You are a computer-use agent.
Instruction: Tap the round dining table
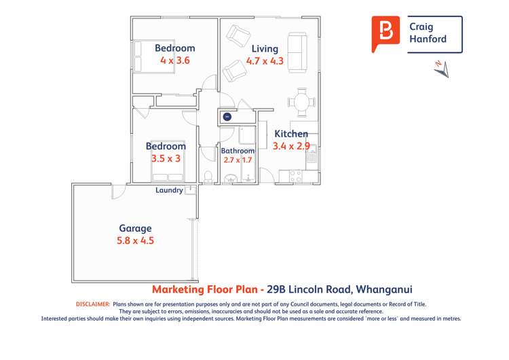click(302, 103)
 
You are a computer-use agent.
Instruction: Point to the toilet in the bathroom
click(210, 177)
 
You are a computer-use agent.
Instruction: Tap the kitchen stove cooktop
click(296, 176)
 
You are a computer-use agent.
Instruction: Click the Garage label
click(135, 228)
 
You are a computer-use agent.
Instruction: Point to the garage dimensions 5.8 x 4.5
click(135, 240)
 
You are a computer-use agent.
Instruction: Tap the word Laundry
click(169, 190)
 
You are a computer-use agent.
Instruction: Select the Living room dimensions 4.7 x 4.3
click(265, 60)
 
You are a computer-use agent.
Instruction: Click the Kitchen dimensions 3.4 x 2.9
click(291, 145)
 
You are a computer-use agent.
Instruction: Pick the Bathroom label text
click(238, 151)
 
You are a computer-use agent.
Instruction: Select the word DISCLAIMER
click(92, 304)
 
